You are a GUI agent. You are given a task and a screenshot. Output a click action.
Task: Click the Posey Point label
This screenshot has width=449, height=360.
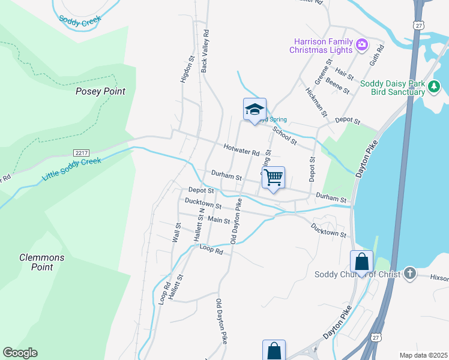click(x=100, y=91)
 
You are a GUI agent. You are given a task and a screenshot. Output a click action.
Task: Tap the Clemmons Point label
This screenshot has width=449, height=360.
click(x=41, y=262)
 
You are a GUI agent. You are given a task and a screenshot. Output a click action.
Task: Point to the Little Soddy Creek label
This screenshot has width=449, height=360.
click(x=71, y=170)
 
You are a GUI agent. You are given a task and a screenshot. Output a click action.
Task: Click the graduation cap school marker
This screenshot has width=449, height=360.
click(x=255, y=109)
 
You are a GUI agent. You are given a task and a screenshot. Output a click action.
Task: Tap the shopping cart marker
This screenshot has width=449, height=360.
click(x=273, y=177)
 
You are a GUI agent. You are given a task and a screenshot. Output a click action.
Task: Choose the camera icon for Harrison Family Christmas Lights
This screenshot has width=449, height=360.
click(x=362, y=44)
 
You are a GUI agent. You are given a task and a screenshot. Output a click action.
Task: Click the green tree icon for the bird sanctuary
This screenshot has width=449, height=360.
click(x=434, y=88)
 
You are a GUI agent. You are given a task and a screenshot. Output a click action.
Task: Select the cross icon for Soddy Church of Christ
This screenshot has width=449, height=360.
click(x=409, y=274)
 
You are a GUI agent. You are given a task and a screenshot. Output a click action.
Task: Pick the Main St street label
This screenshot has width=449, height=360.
click(x=219, y=220)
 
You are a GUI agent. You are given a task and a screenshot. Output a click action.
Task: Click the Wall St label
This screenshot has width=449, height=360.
click(x=177, y=232)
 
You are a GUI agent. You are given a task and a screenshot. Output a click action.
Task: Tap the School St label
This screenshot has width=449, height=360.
click(x=285, y=136)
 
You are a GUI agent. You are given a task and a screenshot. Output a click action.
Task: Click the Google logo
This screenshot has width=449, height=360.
click(x=20, y=353)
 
